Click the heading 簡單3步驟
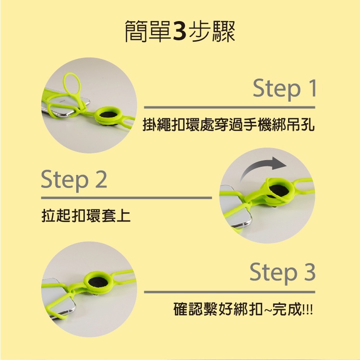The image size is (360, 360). tap(180, 31)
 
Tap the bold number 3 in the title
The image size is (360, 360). tap(180, 32)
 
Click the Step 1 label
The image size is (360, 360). tap(285, 88)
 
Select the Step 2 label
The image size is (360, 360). tap(74, 180)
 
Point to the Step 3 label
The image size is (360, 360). tap(282, 272)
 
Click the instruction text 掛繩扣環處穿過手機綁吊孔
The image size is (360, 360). tap(228, 125)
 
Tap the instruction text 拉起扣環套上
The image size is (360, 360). tap(86, 216)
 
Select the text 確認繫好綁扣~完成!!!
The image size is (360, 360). tap(243, 309)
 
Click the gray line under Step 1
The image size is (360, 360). tap(229, 108)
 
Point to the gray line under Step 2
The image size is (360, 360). tap(127, 198)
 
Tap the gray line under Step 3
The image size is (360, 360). tap(229, 292)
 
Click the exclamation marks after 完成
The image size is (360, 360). tap(308, 310)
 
